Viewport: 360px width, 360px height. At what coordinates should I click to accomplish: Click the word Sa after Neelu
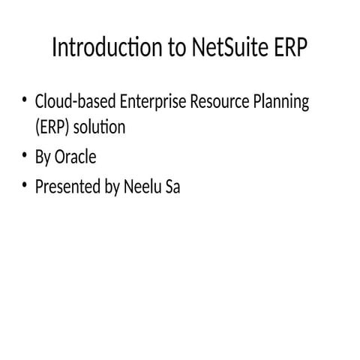(172, 186)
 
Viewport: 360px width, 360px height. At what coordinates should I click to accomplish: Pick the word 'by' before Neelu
(110, 187)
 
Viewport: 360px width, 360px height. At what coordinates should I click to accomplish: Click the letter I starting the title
(55, 49)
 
